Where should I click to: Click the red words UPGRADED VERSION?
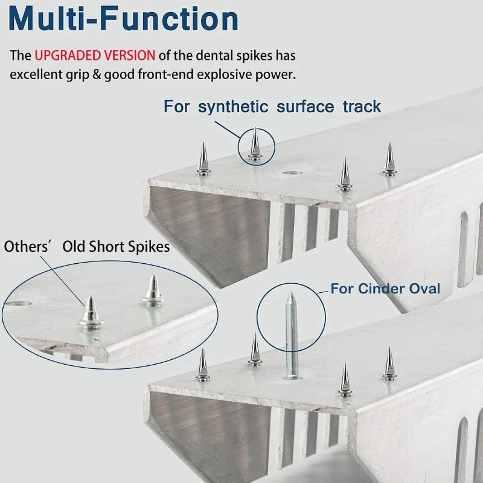[x=94, y=56]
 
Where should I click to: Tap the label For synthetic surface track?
[x=272, y=107]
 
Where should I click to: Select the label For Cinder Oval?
[x=385, y=288]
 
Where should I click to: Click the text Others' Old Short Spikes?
[x=87, y=246]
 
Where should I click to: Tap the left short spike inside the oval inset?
[x=90, y=310]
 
